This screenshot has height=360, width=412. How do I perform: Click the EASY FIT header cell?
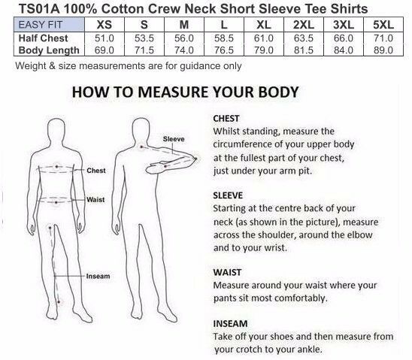click(x=49, y=25)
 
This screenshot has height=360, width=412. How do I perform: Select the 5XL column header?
click(x=383, y=25)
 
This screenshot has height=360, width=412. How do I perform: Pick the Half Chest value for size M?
click(x=184, y=38)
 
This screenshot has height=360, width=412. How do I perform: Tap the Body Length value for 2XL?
click(x=304, y=50)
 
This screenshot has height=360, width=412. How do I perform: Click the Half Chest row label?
click(x=44, y=38)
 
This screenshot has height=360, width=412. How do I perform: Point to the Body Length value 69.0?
click(x=104, y=50)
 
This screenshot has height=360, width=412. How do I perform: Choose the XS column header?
click(x=105, y=25)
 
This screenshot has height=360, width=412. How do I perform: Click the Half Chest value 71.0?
click(x=383, y=38)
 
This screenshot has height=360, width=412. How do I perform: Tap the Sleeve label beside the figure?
click(x=174, y=139)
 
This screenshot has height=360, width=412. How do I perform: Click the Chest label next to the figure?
click(x=96, y=171)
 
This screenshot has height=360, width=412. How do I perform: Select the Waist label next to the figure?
click(x=95, y=200)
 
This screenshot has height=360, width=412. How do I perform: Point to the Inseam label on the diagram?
click(x=98, y=277)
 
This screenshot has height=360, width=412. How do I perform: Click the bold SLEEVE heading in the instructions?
click(x=228, y=195)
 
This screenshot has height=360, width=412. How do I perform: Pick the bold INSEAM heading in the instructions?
click(x=230, y=324)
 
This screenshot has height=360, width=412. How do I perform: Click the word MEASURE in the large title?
click(x=174, y=92)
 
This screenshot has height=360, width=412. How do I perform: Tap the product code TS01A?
click(x=39, y=9)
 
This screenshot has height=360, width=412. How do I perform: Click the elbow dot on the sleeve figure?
click(x=195, y=159)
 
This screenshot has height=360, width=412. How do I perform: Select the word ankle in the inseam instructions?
click(x=309, y=349)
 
